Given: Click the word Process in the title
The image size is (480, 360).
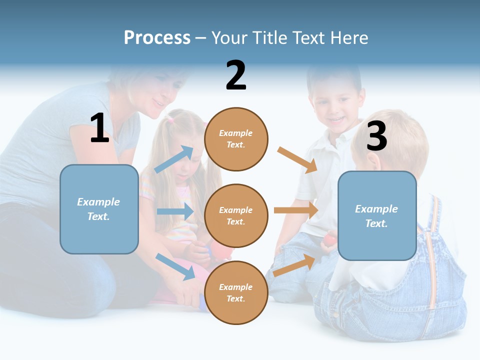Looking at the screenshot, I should pyautogui.click(x=157, y=37).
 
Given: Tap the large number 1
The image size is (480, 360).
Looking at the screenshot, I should pyautogui.click(x=99, y=128).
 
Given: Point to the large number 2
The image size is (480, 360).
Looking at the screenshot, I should pyautogui.click(x=236, y=75).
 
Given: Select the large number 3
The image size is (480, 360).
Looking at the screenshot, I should pyautogui.click(x=376, y=136).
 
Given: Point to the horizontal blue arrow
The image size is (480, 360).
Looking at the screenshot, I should pyautogui.click(x=175, y=211).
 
